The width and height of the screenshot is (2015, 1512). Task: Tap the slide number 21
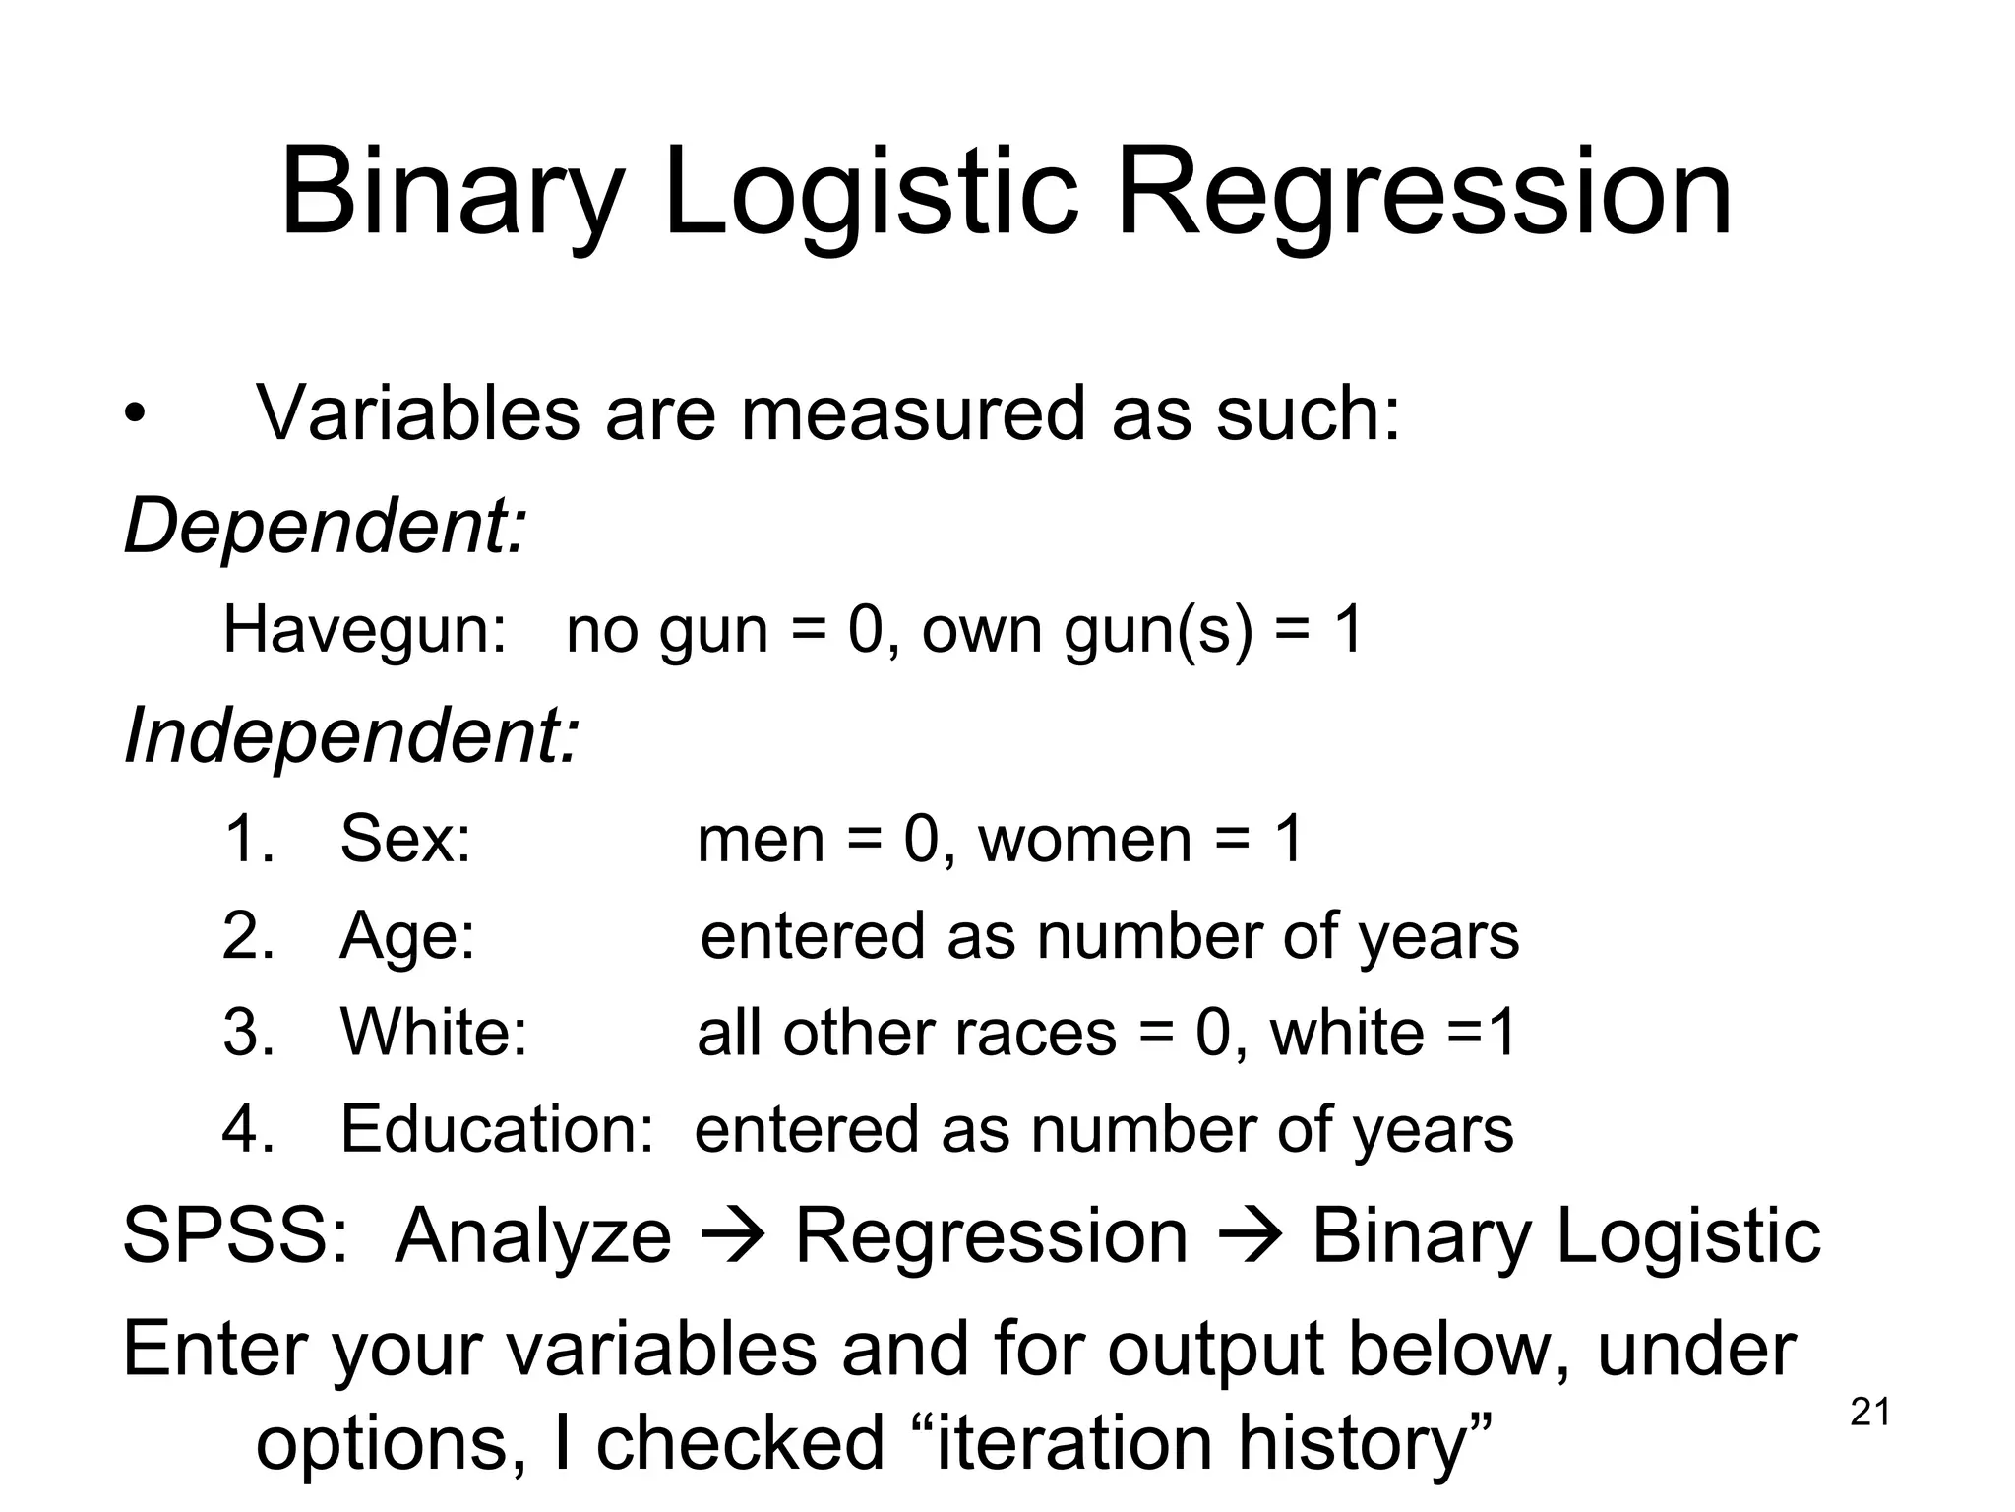[x=1869, y=1413]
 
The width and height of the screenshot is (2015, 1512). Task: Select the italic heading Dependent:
[x=326, y=526]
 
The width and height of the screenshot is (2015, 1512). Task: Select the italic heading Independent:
[x=351, y=735]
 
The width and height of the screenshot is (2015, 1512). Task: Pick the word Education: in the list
[x=497, y=1128]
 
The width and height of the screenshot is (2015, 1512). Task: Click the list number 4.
[x=247, y=1128]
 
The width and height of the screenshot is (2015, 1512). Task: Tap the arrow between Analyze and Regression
[x=733, y=1236]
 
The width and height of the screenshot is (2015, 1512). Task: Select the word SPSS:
[x=235, y=1236]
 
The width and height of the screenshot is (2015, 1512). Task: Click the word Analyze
[x=533, y=1236]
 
